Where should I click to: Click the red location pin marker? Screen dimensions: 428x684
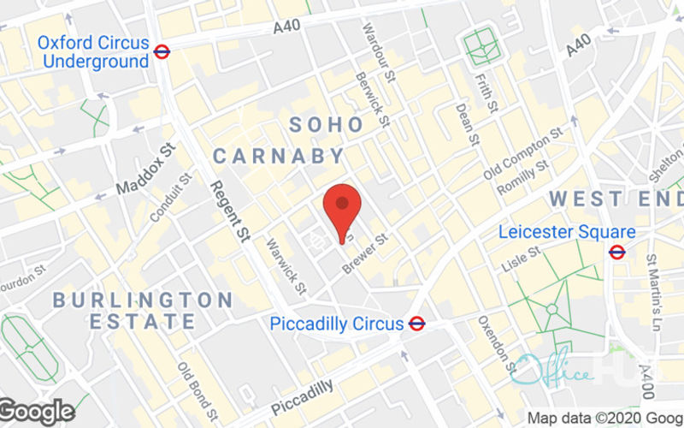click(342, 206)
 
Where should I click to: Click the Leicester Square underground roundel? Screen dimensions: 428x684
click(616, 251)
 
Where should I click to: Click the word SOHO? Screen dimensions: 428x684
click(327, 125)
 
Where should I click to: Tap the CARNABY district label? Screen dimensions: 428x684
click(279, 156)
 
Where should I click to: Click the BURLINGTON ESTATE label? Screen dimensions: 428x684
click(142, 311)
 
